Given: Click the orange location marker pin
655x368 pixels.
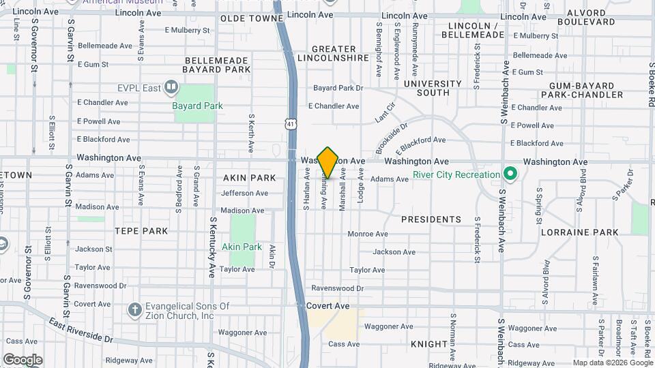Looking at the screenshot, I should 328,162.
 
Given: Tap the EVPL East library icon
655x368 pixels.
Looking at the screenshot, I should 171,87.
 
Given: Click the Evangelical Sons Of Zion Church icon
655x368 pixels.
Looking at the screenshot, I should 134,310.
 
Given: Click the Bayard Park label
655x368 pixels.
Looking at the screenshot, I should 198,106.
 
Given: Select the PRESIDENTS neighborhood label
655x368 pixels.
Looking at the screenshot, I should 431,219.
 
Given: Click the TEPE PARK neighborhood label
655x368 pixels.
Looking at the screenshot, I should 141,231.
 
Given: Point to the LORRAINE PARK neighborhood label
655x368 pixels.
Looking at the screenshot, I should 579,232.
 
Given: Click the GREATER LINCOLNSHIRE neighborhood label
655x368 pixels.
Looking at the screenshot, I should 334,54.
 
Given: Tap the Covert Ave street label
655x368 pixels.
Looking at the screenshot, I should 328,307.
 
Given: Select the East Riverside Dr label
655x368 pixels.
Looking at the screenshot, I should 81,332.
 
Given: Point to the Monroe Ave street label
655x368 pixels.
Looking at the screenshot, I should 368,234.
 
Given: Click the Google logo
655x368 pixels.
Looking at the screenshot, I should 23,360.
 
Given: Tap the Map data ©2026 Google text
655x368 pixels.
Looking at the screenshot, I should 613,363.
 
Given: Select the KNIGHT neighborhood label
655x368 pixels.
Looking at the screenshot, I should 429,344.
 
